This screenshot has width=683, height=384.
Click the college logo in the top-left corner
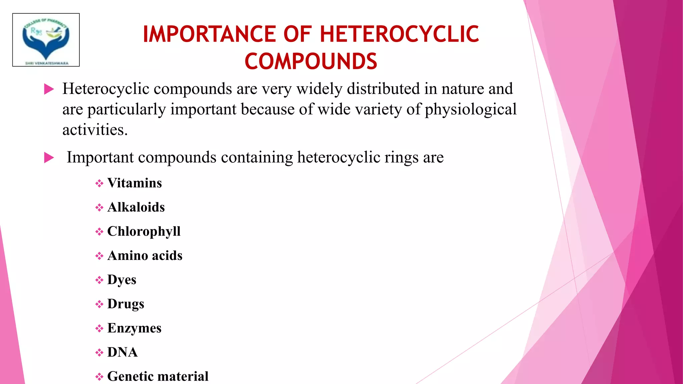pos(46,40)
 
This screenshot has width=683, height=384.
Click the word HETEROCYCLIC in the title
pos(399,34)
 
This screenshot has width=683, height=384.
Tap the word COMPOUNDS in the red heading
pos(311,62)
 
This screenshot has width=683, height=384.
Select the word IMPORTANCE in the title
pos(209,34)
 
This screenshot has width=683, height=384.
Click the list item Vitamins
pos(134,183)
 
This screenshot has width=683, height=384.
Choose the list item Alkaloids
pos(136,207)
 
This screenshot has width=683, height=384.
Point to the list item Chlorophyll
pos(144,231)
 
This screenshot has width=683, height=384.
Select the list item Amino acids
pos(145,256)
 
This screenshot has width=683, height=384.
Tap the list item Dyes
pos(122,280)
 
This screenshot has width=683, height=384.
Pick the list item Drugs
pos(126,304)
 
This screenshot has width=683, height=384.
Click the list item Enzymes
pos(134,328)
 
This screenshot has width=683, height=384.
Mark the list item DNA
pos(122,352)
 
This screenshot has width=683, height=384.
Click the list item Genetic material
pos(158,376)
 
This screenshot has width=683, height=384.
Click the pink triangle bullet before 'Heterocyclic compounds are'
pos(49,89)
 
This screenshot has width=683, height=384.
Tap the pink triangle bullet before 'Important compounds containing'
pos(49,158)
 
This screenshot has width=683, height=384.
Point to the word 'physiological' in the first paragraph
pos(471,109)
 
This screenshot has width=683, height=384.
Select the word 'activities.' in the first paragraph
pos(95,130)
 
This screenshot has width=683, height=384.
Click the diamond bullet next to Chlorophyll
pos(99,232)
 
